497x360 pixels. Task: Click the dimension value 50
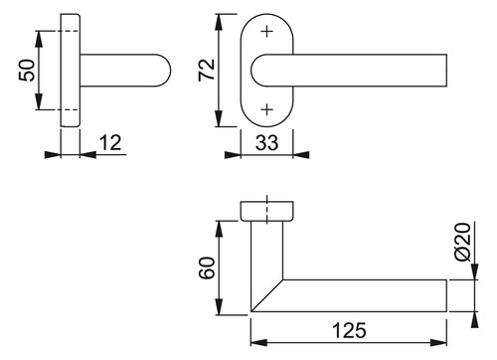click(27, 71)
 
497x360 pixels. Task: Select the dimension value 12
click(110, 143)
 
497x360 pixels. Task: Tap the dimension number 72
click(207, 70)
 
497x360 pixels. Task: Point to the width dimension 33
click(267, 143)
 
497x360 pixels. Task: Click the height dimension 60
click(208, 268)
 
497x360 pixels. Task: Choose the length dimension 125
click(349, 330)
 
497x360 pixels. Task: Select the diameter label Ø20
click(463, 242)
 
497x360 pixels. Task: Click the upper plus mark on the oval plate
click(267, 32)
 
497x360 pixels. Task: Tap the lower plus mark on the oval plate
click(267, 109)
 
